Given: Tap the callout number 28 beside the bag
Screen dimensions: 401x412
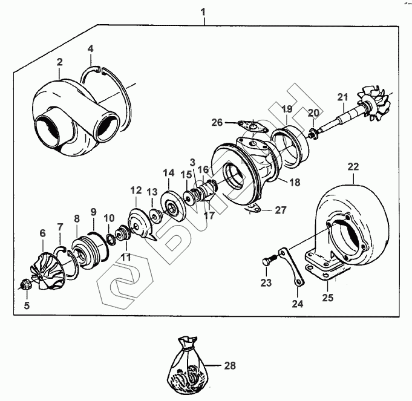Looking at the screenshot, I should [x=229, y=365].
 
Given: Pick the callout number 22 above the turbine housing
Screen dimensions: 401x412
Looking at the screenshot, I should [x=352, y=165].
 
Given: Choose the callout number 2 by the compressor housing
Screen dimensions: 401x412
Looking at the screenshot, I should [x=60, y=62].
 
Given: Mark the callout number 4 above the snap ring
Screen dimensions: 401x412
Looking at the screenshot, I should [x=90, y=48].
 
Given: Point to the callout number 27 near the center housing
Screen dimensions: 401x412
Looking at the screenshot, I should [x=280, y=210].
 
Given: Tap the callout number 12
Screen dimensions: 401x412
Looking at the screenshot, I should [x=134, y=190].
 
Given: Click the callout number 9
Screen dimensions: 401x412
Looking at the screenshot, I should [x=93, y=212].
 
